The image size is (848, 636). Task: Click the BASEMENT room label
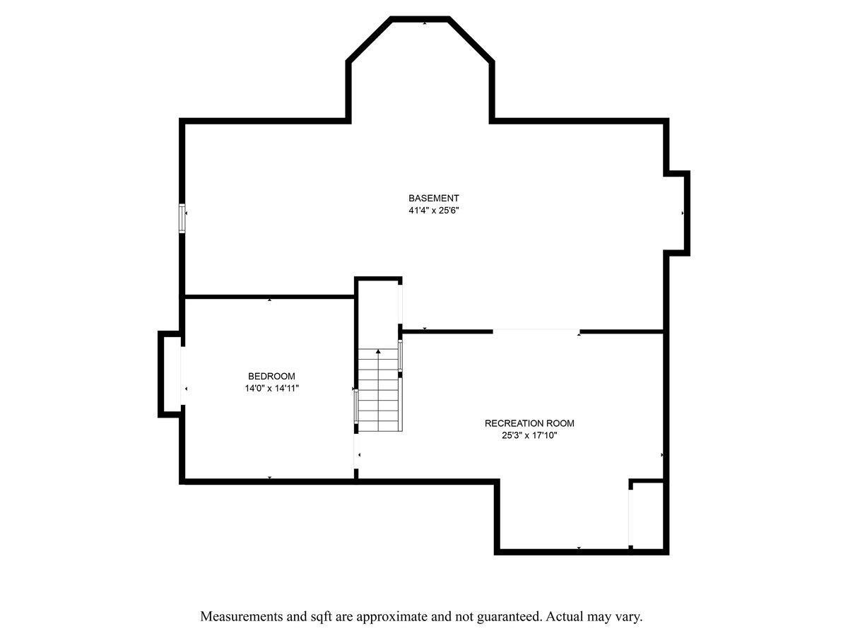tap(433, 198)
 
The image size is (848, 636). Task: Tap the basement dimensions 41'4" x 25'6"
tap(433, 211)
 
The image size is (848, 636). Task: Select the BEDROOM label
tap(271, 376)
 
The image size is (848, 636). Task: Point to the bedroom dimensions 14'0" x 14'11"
tap(271, 389)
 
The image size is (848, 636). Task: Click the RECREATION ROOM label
tap(529, 423)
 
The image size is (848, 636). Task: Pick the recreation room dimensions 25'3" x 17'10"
tap(529, 435)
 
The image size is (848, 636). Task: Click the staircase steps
tap(378, 389)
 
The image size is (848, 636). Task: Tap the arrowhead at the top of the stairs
tap(378, 351)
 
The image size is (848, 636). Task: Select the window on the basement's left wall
tap(182, 218)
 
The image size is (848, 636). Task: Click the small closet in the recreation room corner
tap(647, 515)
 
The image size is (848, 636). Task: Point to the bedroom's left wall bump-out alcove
tap(170, 375)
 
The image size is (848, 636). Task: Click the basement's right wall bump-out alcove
tap(676, 213)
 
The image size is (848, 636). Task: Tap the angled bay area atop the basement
tap(420, 69)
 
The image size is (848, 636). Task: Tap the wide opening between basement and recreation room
tap(536, 331)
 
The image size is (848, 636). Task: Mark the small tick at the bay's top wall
tap(425, 23)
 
